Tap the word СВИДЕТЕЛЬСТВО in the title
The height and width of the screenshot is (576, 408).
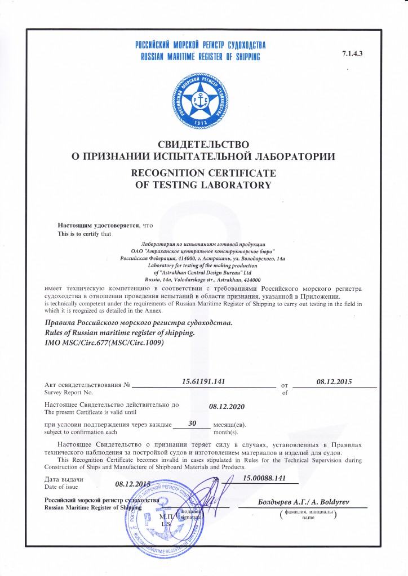[203, 145]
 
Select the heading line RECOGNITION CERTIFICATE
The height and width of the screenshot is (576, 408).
[203, 173]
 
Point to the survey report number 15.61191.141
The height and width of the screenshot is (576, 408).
[204, 382]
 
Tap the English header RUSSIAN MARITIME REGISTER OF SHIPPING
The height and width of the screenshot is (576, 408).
[199, 57]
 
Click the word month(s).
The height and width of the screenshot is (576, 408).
[227, 432]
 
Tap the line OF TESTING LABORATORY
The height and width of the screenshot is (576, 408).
[203, 184]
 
